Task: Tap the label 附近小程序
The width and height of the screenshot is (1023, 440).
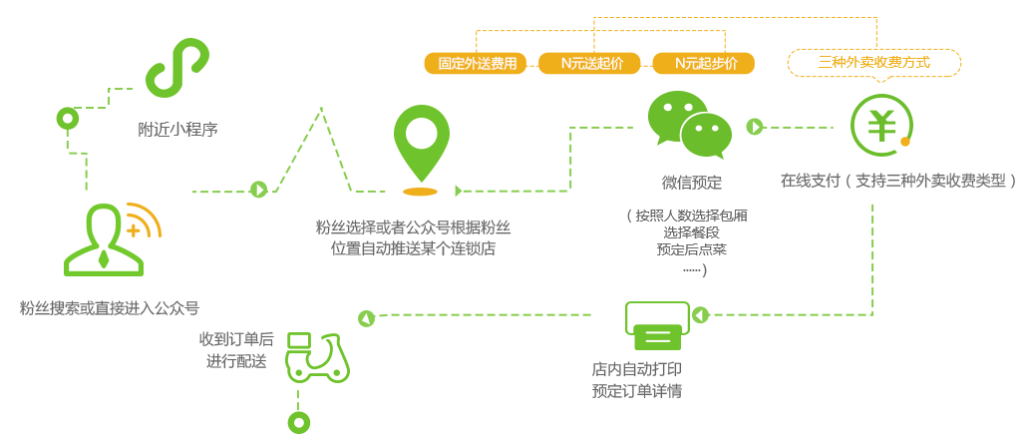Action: pos(177,129)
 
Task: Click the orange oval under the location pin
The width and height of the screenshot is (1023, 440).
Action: pos(420,191)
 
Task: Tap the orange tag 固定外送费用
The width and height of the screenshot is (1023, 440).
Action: pos(477,64)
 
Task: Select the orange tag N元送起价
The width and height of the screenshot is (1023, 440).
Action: pos(592,64)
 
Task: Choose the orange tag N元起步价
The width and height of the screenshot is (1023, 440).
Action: pos(705,64)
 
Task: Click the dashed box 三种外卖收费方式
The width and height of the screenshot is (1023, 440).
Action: pos(873,63)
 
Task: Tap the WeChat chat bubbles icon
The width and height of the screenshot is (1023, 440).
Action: pos(689,125)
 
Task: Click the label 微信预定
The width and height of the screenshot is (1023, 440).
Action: pos(691,183)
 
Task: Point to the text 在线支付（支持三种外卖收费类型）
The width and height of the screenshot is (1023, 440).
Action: pos(898,181)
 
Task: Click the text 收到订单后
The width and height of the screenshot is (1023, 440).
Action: pos(236,339)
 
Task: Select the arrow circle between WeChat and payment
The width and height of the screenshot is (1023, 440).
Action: pos(755,127)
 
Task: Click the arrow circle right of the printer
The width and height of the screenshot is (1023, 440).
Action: pos(700,315)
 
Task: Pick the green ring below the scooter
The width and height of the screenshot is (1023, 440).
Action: pos(296,421)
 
